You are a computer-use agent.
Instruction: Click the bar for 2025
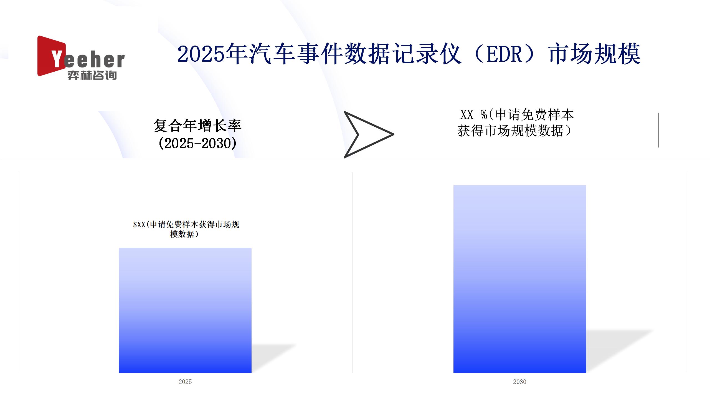185,310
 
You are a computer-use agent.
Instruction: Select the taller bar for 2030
520,279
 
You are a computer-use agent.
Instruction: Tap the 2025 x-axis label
185,382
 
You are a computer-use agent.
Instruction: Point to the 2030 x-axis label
520,382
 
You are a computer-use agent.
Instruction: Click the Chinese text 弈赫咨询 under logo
92,75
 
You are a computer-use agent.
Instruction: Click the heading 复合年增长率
197,126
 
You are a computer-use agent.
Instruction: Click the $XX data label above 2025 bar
186,229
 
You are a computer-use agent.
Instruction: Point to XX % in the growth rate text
474,114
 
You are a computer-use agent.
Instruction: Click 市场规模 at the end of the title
595,54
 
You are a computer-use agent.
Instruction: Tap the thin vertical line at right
658,130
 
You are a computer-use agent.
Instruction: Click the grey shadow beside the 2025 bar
273,358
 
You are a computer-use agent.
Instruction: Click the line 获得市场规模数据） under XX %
515,131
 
